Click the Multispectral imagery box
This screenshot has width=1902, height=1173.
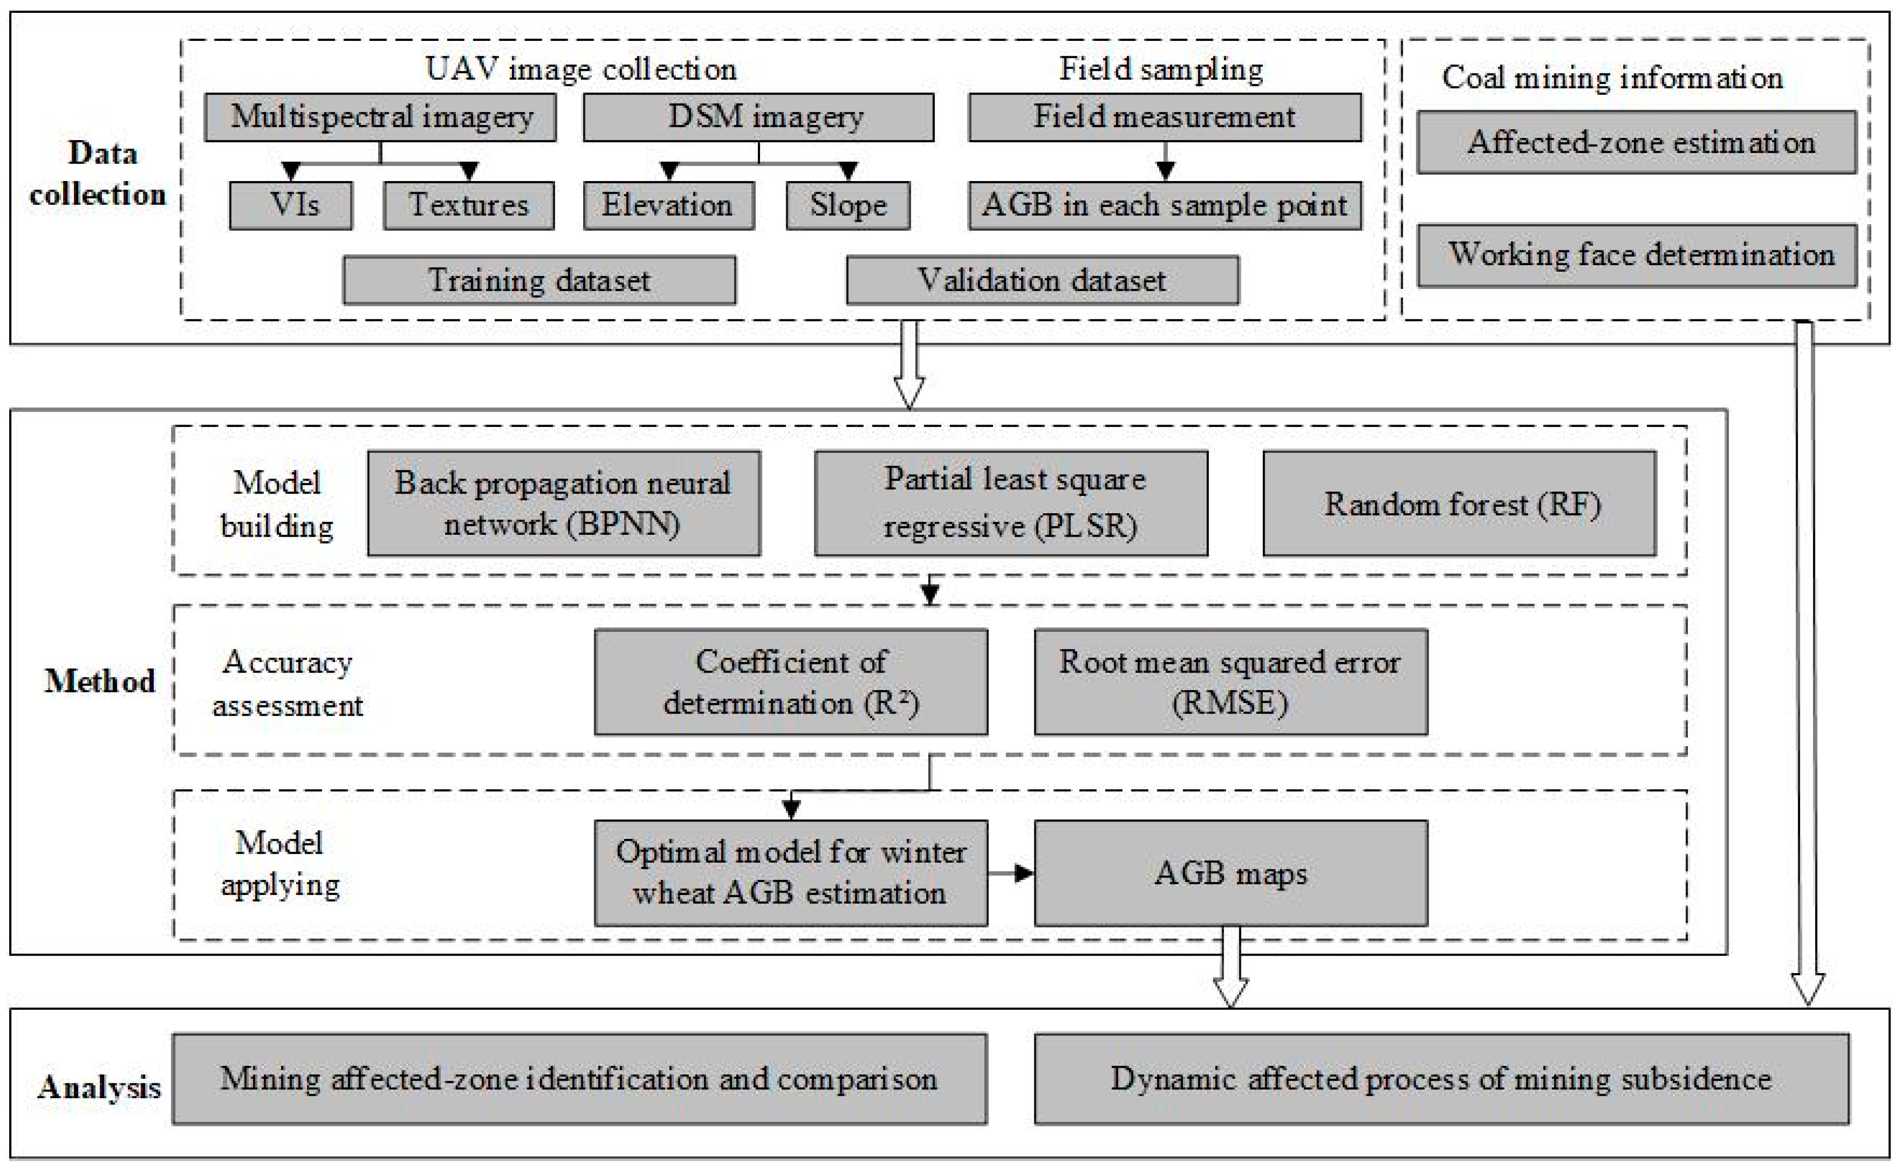tap(380, 117)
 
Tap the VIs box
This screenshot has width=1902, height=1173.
tap(291, 205)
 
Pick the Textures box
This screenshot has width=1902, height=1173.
tap(469, 205)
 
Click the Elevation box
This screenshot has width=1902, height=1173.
tap(669, 205)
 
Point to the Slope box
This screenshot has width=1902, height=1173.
tap(848, 205)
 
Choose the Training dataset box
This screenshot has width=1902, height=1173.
tap(539, 280)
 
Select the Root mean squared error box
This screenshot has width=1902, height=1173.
tap(1230, 682)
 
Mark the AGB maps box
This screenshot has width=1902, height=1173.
tap(1230, 873)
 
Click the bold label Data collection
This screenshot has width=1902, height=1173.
tap(98, 174)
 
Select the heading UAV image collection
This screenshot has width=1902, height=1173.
tap(581, 69)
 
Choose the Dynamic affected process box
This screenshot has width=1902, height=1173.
tap(1441, 1079)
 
